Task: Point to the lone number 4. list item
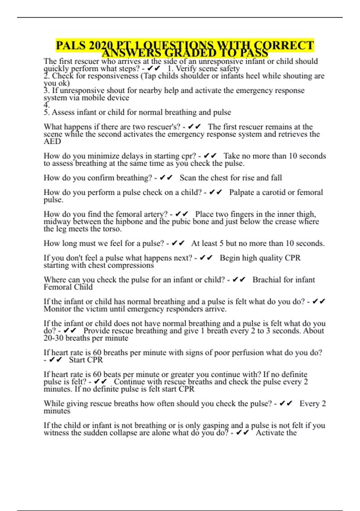[46, 105]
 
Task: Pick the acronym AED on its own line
[52, 141]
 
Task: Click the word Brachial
[267, 280]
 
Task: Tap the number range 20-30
[53, 338]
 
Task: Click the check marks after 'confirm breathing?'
[166, 178]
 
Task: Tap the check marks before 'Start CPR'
[55, 360]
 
